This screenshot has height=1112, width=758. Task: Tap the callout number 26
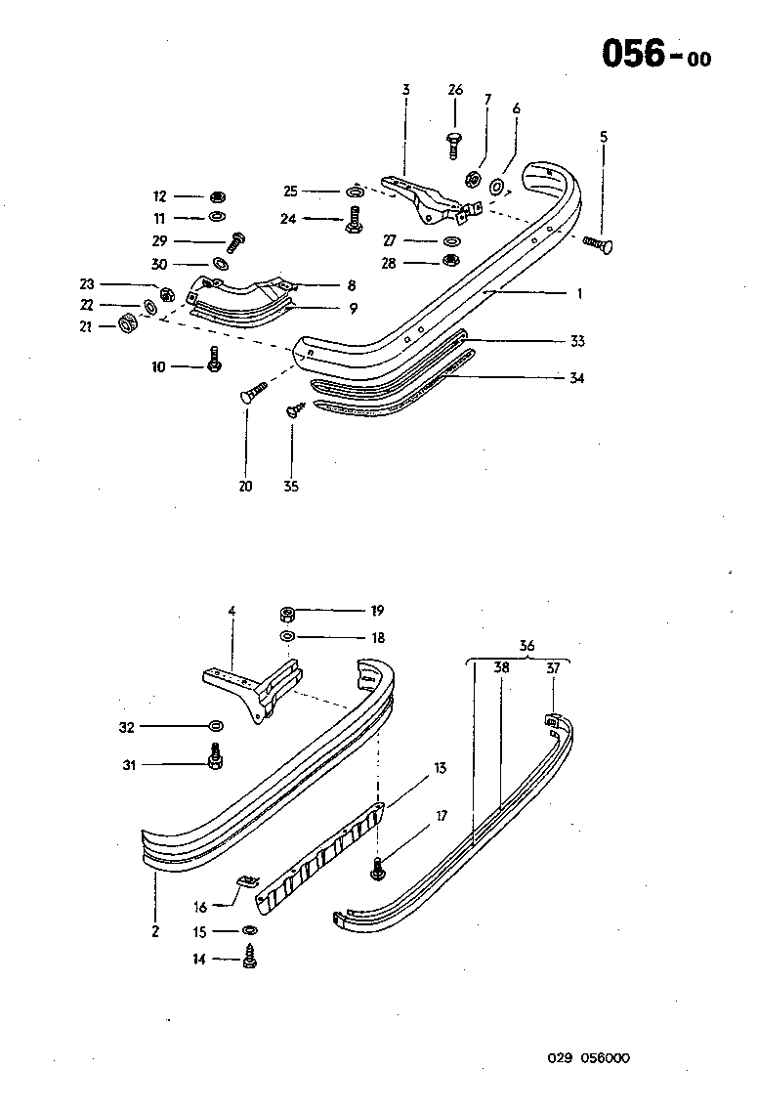point(455,90)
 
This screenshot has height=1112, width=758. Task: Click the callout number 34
point(576,378)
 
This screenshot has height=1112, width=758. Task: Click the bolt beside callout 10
point(215,360)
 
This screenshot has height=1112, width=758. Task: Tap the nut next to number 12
point(218,196)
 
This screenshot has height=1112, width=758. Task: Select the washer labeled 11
point(218,217)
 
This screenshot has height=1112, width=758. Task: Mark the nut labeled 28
point(450,261)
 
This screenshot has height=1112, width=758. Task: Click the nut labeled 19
point(289,613)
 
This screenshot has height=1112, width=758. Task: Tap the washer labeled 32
point(215,727)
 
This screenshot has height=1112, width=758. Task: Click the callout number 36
point(526,645)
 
